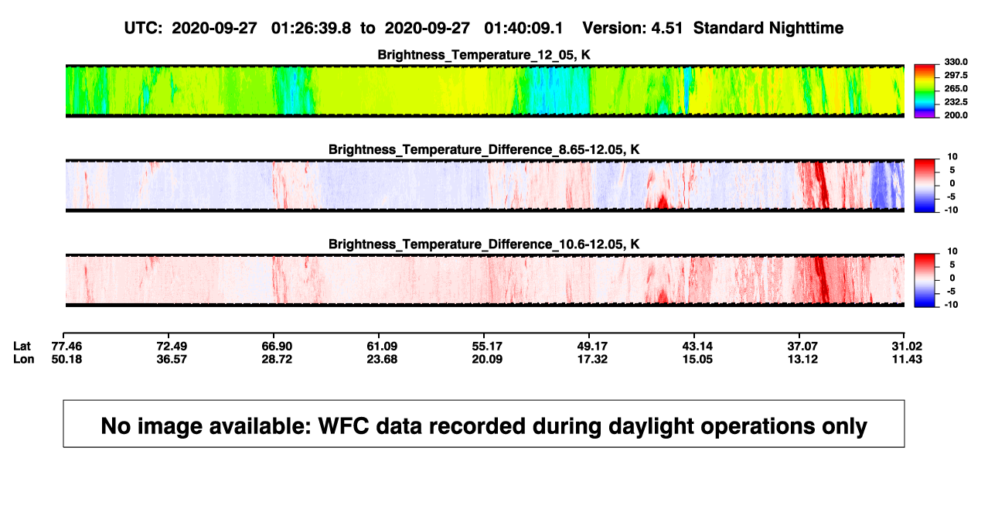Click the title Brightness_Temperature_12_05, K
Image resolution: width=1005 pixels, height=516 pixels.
pyautogui.click(x=484, y=55)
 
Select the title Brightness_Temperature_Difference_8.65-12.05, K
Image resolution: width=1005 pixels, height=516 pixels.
pyautogui.click(x=484, y=149)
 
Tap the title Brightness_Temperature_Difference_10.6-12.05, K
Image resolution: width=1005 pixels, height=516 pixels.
pyautogui.click(x=484, y=244)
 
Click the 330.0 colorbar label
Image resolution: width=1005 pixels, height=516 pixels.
pyautogui.click(x=956, y=62)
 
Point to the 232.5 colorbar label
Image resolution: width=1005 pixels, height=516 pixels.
pyautogui.click(x=956, y=102)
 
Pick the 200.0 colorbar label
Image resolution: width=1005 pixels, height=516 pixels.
pyautogui.click(x=956, y=115)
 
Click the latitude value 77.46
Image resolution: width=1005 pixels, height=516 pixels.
pyautogui.click(x=66, y=347)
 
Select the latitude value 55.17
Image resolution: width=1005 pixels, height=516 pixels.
pyautogui.click(x=487, y=347)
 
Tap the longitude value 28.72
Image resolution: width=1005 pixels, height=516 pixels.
pyautogui.click(x=277, y=359)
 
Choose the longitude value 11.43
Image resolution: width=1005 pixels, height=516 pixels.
pyautogui.click(x=907, y=359)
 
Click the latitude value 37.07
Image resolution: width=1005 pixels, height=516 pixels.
pyautogui.click(x=802, y=347)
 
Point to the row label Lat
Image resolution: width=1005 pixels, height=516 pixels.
pyautogui.click(x=22, y=347)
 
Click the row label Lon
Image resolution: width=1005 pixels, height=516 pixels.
pyautogui.click(x=23, y=359)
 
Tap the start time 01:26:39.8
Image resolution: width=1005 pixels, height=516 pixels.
pyautogui.click(x=311, y=28)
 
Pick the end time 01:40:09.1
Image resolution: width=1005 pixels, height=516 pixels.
pyautogui.click(x=523, y=28)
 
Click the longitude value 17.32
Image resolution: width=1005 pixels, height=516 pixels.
pyautogui.click(x=591, y=359)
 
